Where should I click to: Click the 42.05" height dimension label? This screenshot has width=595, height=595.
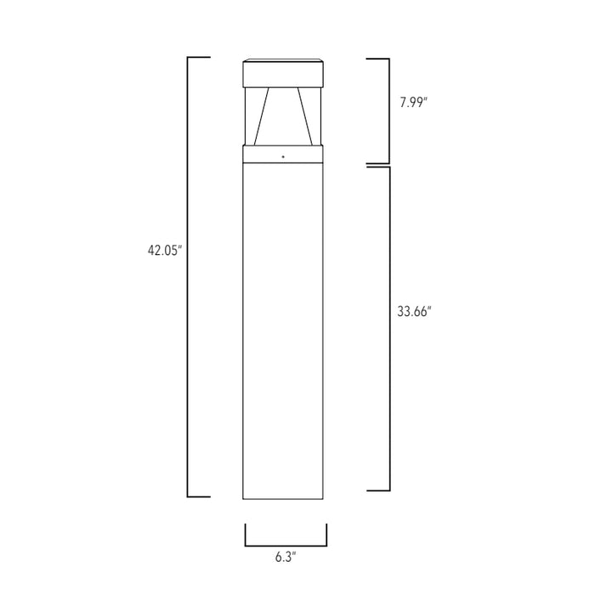tap(165, 251)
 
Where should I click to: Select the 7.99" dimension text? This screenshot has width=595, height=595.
tap(415, 103)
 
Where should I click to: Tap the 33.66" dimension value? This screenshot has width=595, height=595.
tap(415, 311)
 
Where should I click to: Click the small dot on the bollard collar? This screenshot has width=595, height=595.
tap(284, 156)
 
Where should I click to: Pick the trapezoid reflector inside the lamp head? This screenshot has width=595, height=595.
tap(285, 116)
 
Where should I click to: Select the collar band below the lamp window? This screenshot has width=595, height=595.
tap(285, 154)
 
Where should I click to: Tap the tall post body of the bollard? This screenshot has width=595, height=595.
tap(285, 331)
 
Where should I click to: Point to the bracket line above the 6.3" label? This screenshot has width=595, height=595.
tap(286, 545)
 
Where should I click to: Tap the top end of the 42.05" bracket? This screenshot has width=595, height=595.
tap(198, 58)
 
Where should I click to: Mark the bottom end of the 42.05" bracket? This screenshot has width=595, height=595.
tap(198, 496)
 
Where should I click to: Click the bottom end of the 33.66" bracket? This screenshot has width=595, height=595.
tap(378, 490)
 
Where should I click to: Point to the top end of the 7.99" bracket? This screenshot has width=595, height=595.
tap(378, 59)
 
